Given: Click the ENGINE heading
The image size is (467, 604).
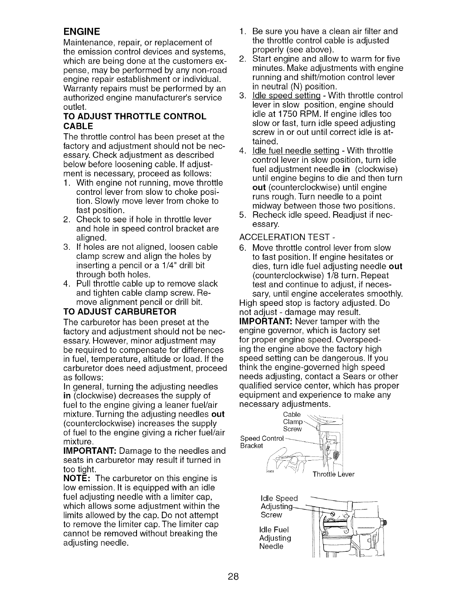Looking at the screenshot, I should (x=81, y=31).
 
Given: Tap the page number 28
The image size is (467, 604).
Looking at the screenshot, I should (x=233, y=576).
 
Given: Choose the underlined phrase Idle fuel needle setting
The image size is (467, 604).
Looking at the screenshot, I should (x=290, y=151).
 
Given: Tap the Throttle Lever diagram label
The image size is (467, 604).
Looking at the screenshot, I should (x=333, y=474).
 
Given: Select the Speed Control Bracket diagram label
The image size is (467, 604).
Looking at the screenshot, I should (x=262, y=442).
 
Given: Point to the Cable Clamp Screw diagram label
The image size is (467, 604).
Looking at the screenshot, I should (x=293, y=422).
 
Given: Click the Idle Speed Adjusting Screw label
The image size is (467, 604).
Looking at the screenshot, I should (x=278, y=506).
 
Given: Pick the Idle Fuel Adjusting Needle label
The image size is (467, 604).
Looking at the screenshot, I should (x=275, y=538).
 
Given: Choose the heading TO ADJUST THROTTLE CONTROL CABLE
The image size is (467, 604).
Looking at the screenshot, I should (x=134, y=121).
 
